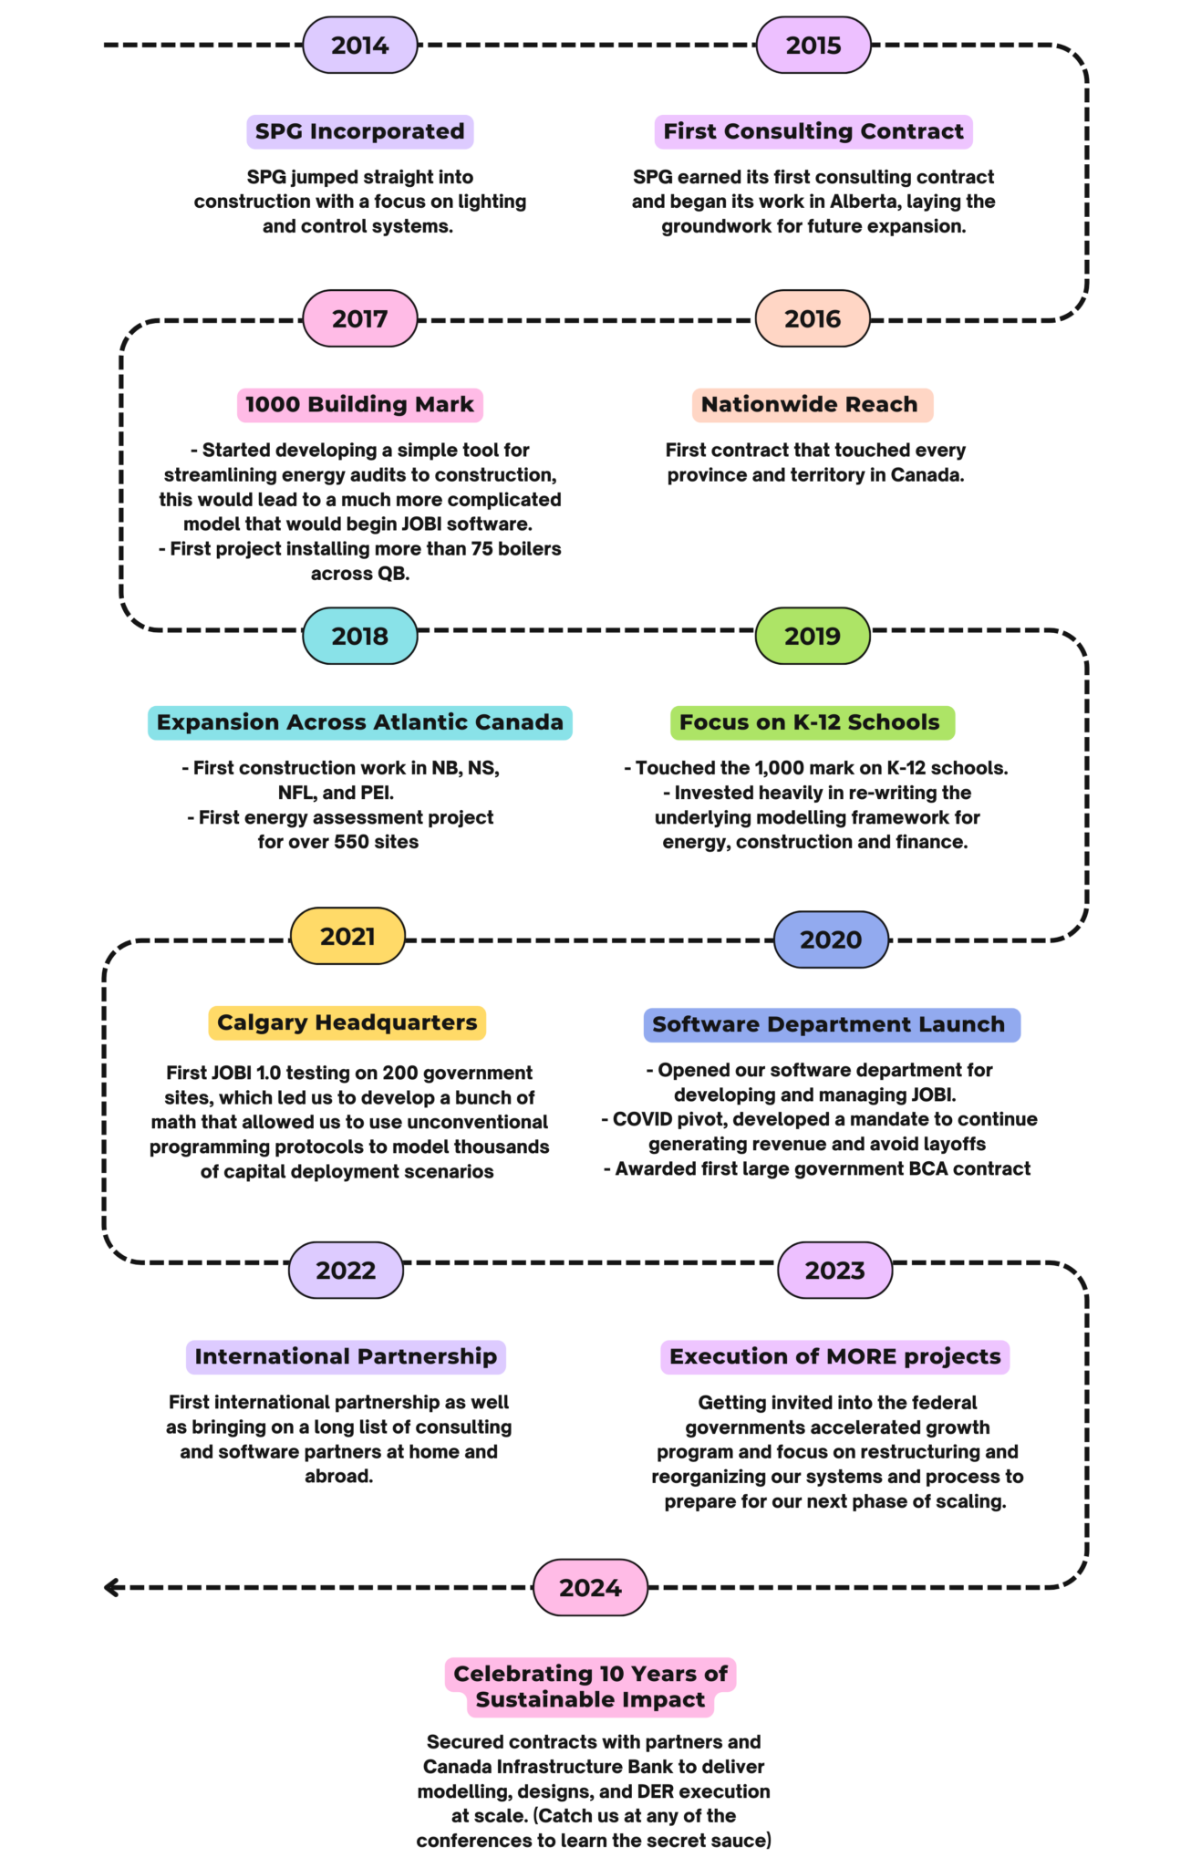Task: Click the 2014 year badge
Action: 359,45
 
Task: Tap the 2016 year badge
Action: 813,318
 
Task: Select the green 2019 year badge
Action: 813,636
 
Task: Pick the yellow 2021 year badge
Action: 347,936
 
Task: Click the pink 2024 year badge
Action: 590,1587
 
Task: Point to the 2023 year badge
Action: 834,1270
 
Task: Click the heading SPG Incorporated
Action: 359,131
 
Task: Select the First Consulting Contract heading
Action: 813,131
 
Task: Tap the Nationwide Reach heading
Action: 810,404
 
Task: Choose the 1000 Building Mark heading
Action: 359,404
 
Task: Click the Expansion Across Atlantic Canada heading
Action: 359,722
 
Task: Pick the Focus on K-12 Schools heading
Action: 810,722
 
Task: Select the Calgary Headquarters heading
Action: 347,1022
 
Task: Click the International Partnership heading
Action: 346,1356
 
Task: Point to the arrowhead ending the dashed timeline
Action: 111,1587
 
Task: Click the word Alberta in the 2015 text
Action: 863,202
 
